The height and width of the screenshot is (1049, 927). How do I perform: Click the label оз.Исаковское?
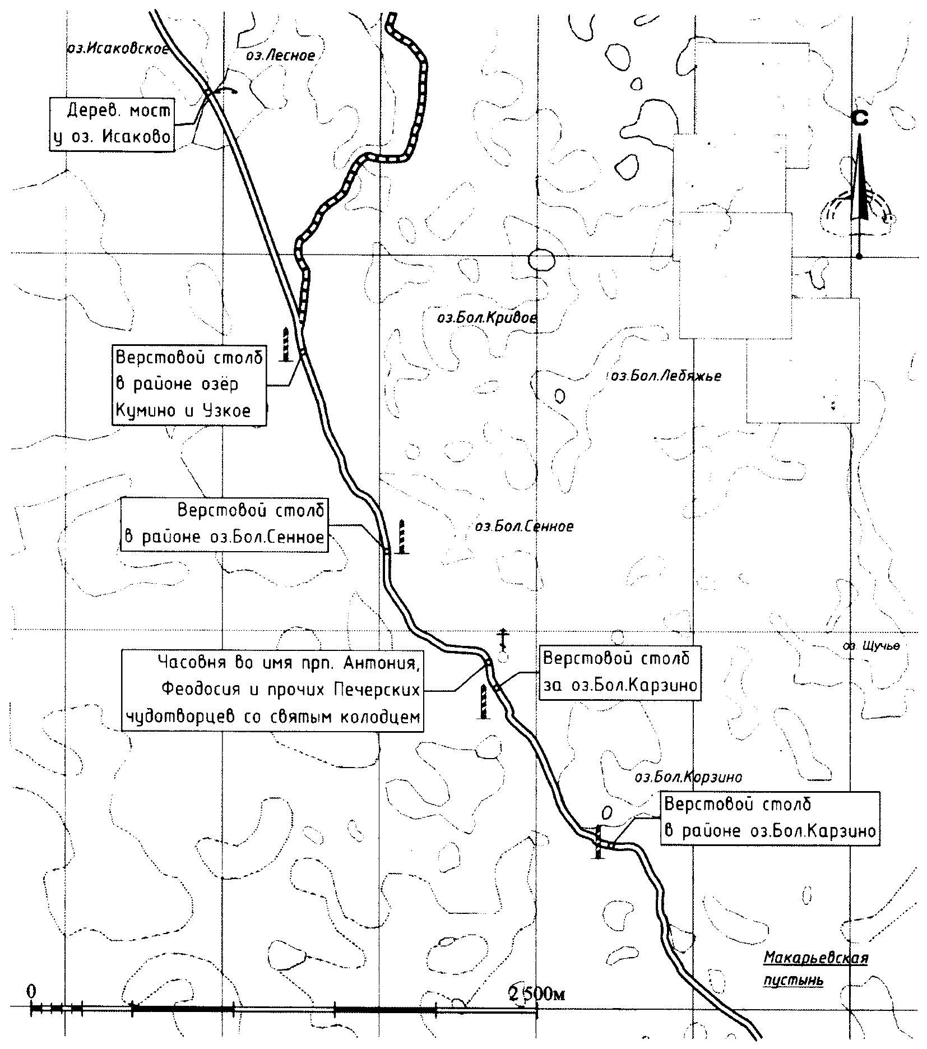(117, 48)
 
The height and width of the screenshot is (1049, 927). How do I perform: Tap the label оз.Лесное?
(280, 56)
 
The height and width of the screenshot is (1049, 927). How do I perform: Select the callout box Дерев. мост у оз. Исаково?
(112, 124)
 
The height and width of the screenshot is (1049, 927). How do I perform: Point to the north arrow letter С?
(859, 118)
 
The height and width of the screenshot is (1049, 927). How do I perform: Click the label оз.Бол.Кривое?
(486, 318)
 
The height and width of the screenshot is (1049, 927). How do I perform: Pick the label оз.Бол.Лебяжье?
(665, 376)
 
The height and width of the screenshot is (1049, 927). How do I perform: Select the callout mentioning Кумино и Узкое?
(189, 385)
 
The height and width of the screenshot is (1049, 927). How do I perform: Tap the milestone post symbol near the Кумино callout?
(286, 344)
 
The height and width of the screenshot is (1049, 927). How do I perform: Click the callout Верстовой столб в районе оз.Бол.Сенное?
(224, 524)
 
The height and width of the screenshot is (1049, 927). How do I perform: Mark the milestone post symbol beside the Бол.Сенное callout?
(401, 537)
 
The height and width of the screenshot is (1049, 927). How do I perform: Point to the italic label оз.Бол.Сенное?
(524, 527)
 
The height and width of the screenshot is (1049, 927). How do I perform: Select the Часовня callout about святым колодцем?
(272, 690)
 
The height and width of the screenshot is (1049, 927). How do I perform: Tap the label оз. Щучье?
(871, 646)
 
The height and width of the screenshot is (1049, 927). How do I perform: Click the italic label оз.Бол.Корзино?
(688, 777)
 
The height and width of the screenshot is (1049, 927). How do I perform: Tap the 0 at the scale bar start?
(32, 991)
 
